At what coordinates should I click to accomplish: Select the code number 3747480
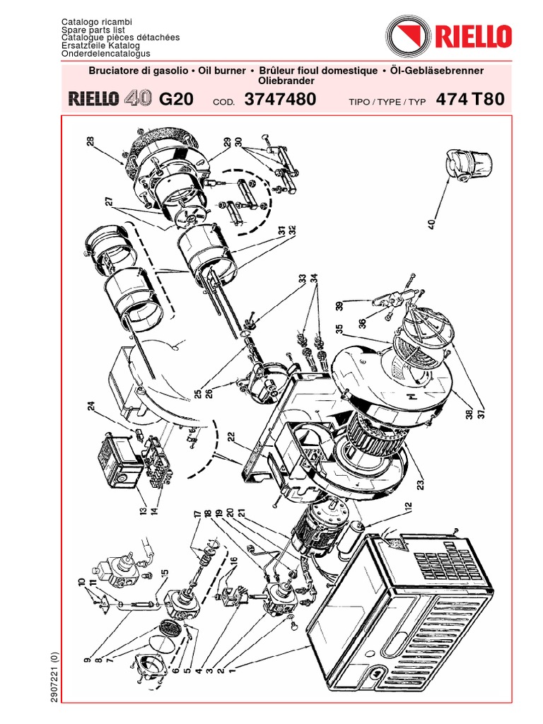[x=280, y=100]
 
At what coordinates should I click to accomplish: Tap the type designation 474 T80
[x=470, y=100]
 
